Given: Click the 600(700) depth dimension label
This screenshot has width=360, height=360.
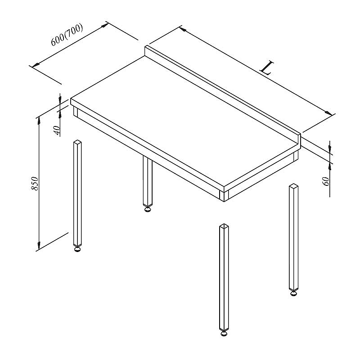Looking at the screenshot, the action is (67, 35).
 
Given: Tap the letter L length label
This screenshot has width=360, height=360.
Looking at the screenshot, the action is (267, 68).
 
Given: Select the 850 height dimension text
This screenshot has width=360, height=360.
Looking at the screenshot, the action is (35, 184).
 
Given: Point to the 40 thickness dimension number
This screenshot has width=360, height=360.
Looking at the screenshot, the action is (57, 130).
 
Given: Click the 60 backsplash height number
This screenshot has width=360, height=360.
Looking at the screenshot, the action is (326, 181).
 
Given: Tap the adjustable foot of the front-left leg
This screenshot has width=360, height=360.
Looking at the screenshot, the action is (77, 249).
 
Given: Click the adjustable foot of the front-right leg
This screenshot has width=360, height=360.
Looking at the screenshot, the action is (224, 333).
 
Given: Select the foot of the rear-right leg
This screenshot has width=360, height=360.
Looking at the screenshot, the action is (293, 293).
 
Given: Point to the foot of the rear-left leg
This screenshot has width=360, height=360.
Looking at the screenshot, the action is (148, 209).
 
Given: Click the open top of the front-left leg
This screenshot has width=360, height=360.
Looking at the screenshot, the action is (77, 142).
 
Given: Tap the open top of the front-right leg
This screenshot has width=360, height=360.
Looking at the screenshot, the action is (224, 226).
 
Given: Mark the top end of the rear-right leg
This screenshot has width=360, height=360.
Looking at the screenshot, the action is (294, 186).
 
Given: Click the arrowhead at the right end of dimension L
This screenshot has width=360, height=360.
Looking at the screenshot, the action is (328, 113).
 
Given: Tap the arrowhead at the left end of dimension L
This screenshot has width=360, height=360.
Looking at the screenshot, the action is (183, 29).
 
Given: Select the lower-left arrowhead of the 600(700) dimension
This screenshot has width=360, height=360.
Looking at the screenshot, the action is (36, 65).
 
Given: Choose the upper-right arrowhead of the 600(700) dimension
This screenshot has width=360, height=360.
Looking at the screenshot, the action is (104, 25).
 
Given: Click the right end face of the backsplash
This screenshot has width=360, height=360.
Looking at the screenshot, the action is (299, 139).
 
